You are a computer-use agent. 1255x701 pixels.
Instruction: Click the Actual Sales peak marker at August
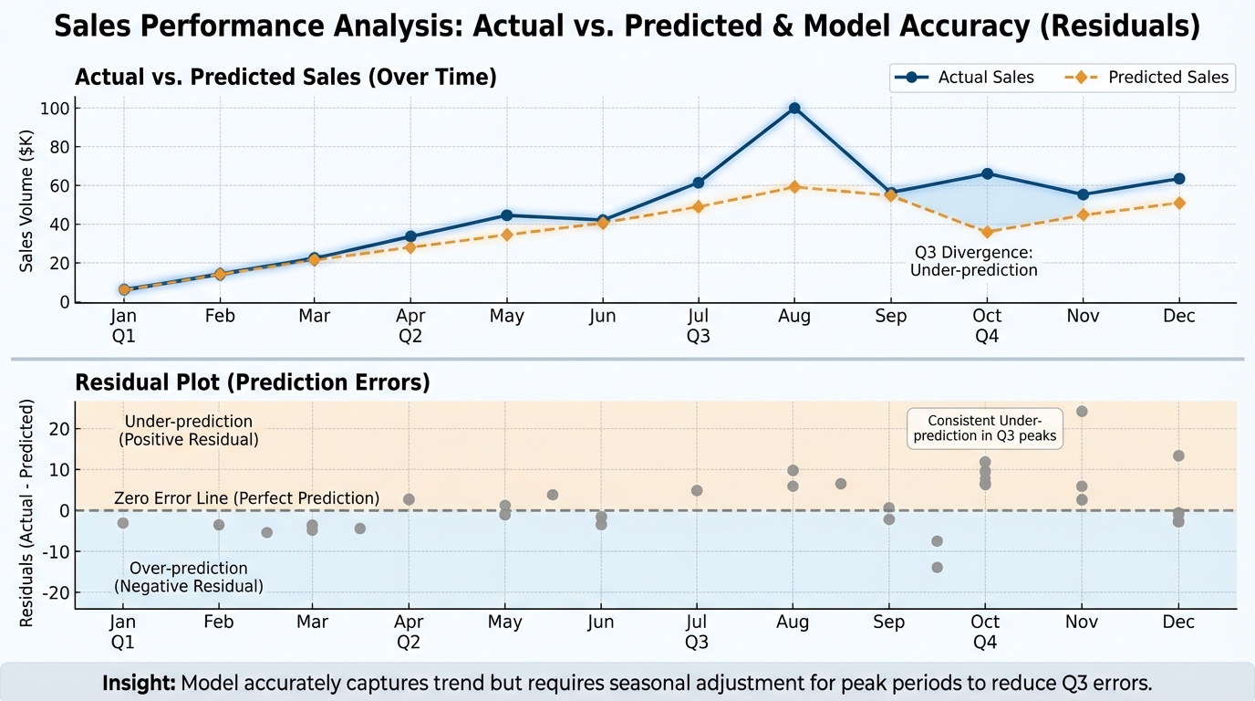794,108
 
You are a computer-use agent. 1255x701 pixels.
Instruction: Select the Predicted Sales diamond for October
986,232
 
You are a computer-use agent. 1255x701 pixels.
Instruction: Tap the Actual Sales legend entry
966,78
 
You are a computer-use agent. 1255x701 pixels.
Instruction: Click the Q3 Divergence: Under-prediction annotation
973,261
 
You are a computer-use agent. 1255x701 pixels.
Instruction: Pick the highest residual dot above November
1082,411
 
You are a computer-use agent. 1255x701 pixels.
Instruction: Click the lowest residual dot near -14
937,568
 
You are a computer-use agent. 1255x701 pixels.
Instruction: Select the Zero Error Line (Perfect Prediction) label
246,498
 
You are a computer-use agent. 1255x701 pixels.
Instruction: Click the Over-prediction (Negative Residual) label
189,578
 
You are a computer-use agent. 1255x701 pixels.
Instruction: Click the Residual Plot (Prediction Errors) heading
252,382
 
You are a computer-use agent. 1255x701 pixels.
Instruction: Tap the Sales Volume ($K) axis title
27,201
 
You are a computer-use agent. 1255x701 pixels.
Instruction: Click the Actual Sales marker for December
1178,179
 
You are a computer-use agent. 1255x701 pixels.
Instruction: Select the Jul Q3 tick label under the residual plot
697,632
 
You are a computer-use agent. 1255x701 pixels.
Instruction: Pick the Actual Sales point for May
507,215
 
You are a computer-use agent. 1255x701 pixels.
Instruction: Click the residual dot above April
410,499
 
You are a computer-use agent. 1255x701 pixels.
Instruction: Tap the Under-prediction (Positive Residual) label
189,430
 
